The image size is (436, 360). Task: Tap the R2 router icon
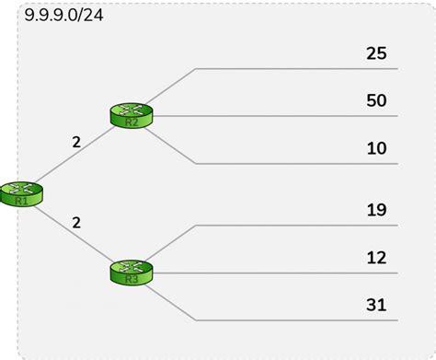click(x=131, y=115)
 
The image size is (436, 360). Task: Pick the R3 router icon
click(x=130, y=273)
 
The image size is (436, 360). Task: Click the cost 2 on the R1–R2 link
click(x=76, y=143)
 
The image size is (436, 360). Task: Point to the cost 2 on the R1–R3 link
click(x=76, y=222)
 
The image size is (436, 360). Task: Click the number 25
click(x=376, y=52)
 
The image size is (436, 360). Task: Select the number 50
click(x=376, y=99)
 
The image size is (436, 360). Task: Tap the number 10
click(x=376, y=147)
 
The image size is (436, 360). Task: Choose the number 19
click(x=376, y=209)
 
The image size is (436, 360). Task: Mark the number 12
click(x=376, y=257)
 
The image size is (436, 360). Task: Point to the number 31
click(x=376, y=304)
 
